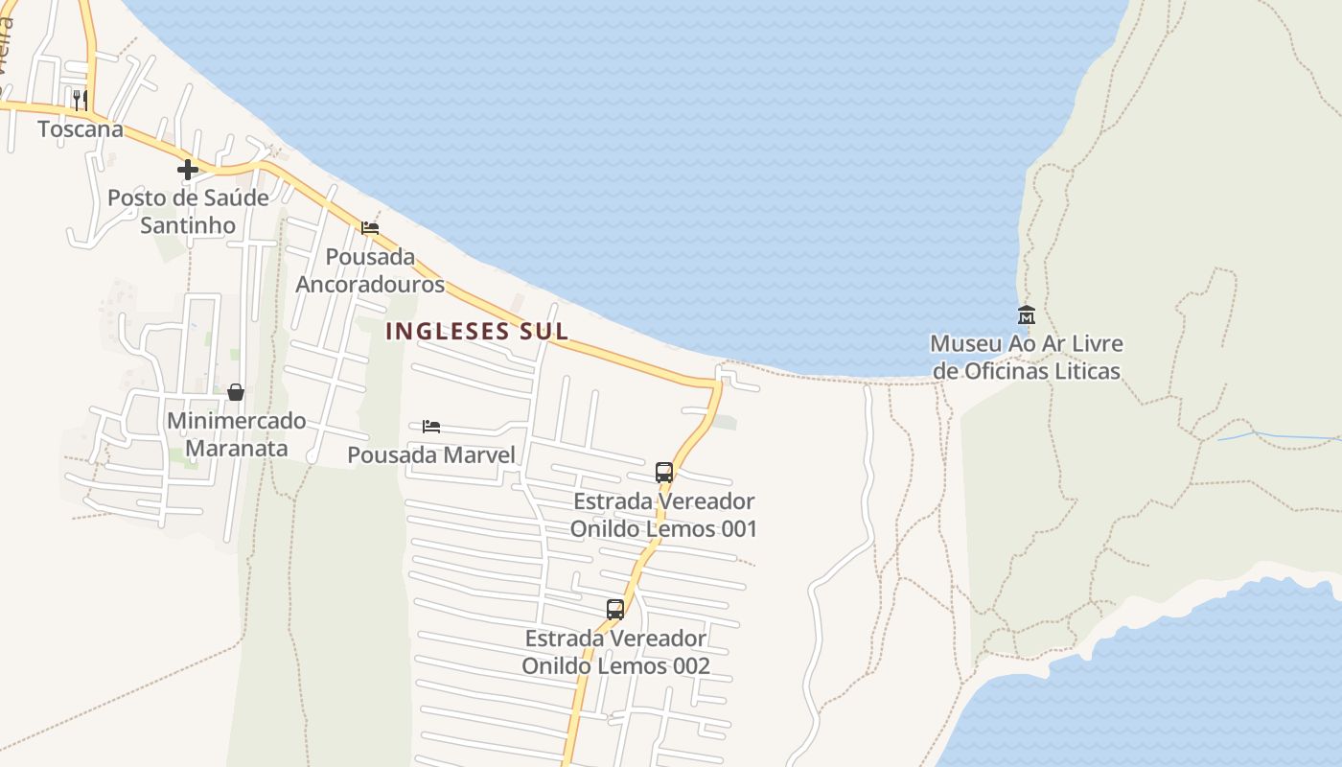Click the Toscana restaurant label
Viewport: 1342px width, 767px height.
pyautogui.click(x=81, y=128)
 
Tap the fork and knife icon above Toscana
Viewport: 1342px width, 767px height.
pyautogui.click(x=81, y=99)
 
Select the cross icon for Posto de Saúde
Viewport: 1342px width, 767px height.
pyautogui.click(x=188, y=170)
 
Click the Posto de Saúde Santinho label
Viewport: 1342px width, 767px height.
pyautogui.click(x=188, y=211)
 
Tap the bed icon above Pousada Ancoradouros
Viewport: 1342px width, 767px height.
pyautogui.click(x=370, y=228)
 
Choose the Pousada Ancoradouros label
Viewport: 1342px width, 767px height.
pyautogui.click(x=370, y=270)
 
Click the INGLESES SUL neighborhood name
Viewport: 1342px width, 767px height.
pyautogui.click(x=476, y=332)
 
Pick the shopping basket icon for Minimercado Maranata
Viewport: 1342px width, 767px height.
pyautogui.click(x=235, y=392)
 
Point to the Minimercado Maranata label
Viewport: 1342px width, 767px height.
pyautogui.click(x=236, y=434)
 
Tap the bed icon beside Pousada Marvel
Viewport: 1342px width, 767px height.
pyautogui.click(x=431, y=426)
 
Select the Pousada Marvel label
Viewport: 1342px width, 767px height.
pyautogui.click(x=431, y=454)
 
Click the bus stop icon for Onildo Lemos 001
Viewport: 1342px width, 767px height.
pyautogui.click(x=664, y=472)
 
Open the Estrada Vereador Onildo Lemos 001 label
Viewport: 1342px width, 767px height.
pyautogui.click(x=663, y=515)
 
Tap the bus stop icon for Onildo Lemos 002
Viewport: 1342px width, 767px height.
pyautogui.click(x=615, y=609)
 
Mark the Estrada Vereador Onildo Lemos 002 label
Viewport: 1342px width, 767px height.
pyautogui.click(x=615, y=652)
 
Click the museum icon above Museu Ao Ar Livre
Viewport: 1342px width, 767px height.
pyautogui.click(x=1027, y=314)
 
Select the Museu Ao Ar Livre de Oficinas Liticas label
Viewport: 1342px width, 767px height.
pyautogui.click(x=1027, y=357)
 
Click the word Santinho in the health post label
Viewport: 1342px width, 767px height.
pyautogui.click(x=188, y=225)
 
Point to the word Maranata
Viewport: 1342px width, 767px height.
pyautogui.click(x=236, y=449)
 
